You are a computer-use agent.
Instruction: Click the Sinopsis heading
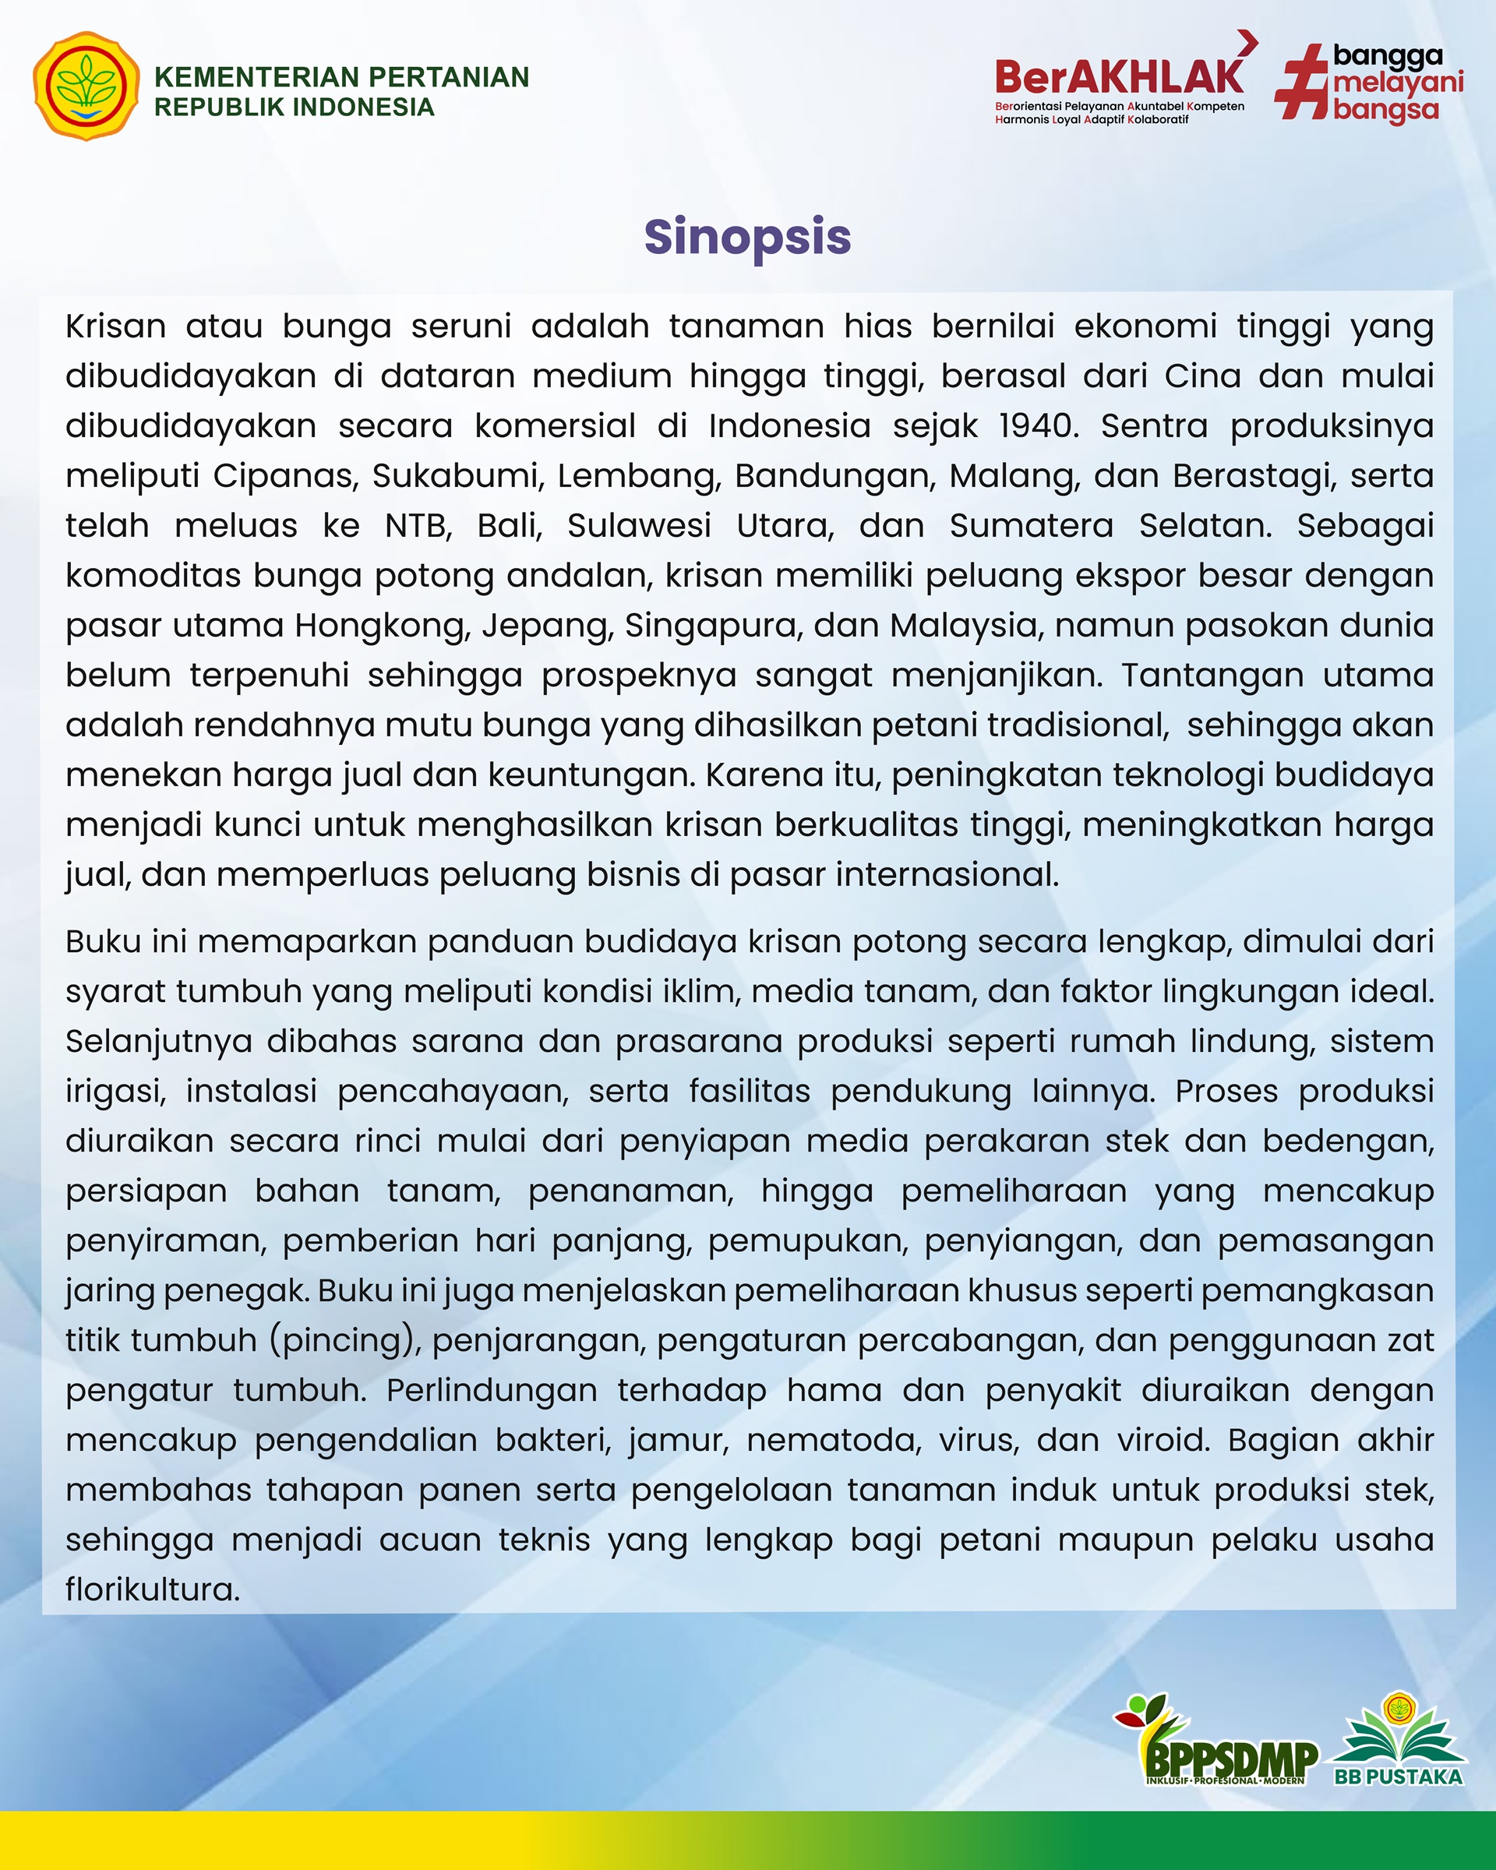point(747,237)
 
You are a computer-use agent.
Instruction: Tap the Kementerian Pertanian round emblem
point(85,86)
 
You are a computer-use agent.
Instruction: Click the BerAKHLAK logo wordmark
point(1119,78)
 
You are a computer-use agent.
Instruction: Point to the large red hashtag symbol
point(1301,83)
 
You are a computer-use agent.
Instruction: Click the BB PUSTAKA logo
point(1398,1743)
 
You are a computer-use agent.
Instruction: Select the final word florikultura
point(152,1589)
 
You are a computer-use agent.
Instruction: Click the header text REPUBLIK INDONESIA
point(294,107)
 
